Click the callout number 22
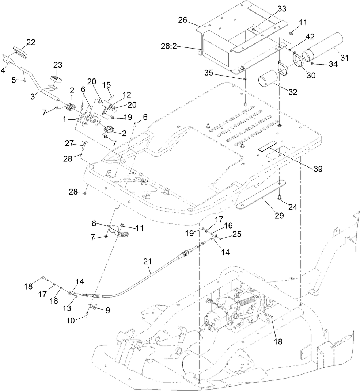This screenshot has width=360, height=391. click(x=30, y=42)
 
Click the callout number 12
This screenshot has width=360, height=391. click(x=116, y=94)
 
